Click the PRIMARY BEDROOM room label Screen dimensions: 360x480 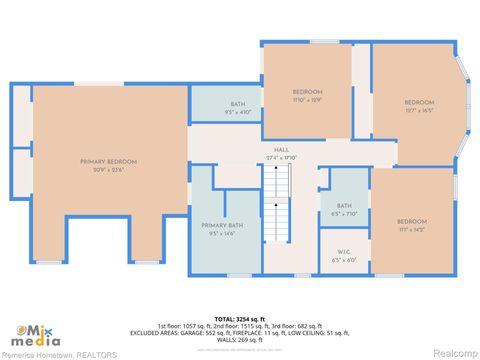(109, 161)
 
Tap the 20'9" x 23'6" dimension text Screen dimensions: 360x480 (109, 169)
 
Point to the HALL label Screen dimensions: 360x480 (282, 149)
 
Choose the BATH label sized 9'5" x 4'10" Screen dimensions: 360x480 (238, 104)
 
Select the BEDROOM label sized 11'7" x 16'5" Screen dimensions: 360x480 (419, 102)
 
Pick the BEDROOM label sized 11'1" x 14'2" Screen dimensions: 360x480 (411, 221)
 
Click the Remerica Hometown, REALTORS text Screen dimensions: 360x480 (59, 354)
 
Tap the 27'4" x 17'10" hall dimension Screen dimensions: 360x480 (282, 157)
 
